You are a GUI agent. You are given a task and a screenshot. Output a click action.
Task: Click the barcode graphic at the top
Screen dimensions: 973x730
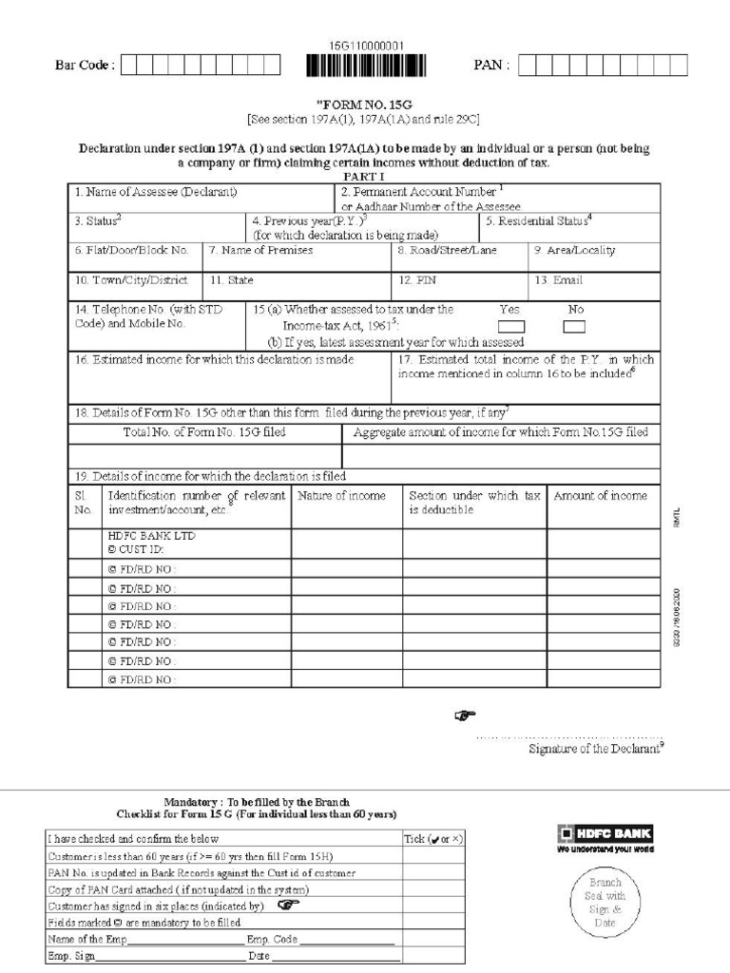[x=366, y=65]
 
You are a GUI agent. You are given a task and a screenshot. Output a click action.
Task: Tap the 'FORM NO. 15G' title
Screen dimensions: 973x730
[x=366, y=105]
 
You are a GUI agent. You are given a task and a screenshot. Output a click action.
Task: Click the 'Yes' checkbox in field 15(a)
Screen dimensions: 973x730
[x=511, y=327]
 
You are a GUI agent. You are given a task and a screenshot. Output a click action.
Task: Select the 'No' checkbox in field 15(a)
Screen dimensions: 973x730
[x=574, y=327]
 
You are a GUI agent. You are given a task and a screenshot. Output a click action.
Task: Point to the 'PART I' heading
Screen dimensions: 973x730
[x=363, y=177]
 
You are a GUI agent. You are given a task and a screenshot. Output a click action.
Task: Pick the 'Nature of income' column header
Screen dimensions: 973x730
[x=342, y=496]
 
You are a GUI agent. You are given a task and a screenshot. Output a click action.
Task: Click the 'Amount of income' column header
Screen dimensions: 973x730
[x=600, y=496]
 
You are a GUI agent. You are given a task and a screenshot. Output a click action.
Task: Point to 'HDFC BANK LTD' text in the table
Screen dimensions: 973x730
[x=152, y=536]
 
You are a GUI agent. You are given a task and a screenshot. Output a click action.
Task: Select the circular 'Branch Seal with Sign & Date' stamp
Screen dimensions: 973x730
[x=605, y=903]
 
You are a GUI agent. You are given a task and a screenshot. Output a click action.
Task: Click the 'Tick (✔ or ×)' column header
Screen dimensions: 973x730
[x=432, y=839]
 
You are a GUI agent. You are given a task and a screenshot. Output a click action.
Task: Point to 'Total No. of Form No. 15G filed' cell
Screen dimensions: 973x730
[x=204, y=432]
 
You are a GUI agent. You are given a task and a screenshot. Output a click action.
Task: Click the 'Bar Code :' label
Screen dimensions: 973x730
[x=85, y=65]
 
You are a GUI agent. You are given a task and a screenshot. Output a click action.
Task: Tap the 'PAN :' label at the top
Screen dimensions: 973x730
[x=491, y=65]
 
